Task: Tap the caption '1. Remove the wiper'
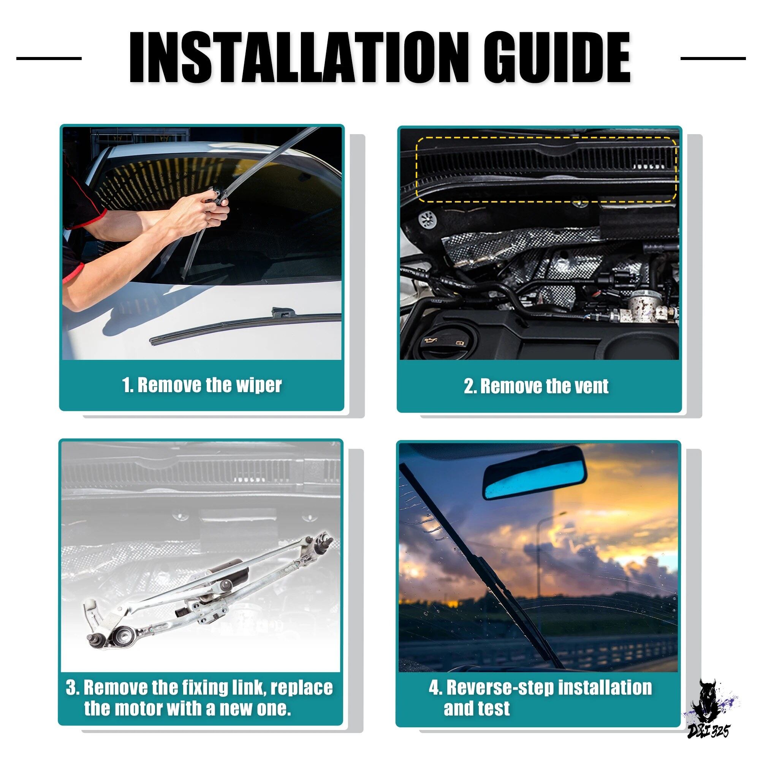click(x=202, y=385)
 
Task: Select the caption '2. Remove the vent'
click(x=536, y=386)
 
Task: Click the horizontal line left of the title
click(x=49, y=58)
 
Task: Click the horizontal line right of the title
click(x=713, y=58)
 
